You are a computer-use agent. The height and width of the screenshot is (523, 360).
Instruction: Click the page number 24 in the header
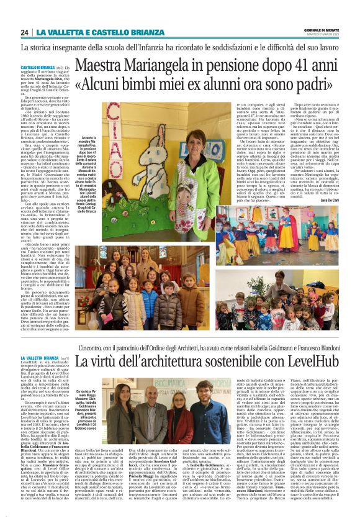24,32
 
